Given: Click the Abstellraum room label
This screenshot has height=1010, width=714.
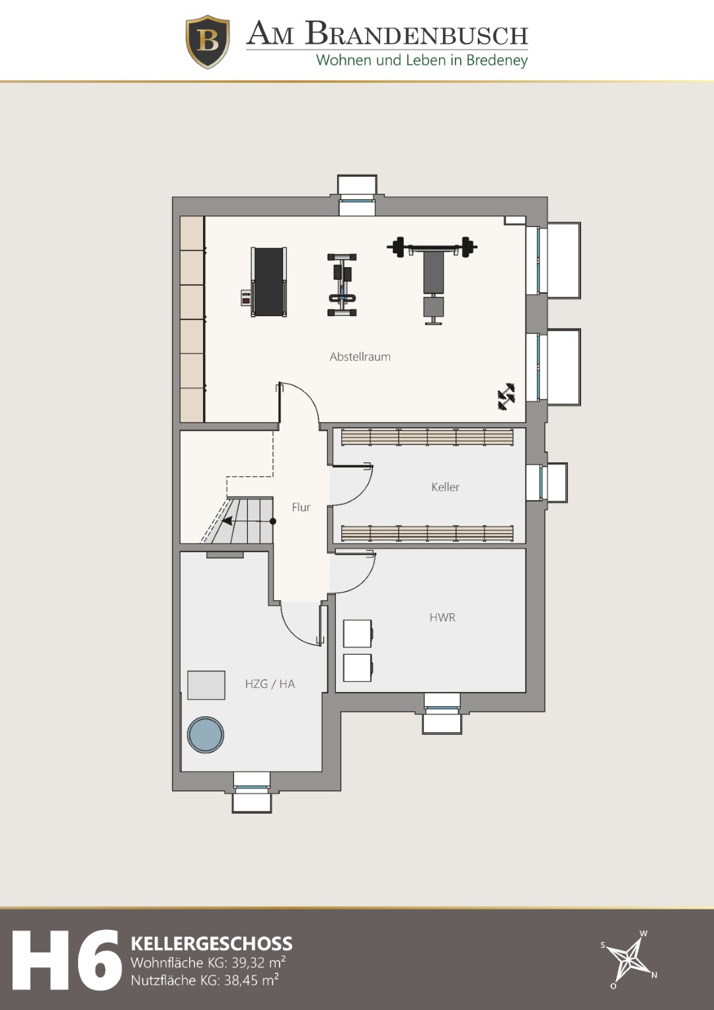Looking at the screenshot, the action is (360, 357).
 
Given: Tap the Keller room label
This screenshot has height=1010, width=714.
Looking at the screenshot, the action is (446, 487).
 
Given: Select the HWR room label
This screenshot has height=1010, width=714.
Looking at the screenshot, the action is (442, 617).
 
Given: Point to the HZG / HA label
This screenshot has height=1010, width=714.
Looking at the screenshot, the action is (270, 684).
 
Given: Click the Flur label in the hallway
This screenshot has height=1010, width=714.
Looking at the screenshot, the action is (301, 507).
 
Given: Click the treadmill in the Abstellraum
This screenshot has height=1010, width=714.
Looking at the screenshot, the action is (264, 282).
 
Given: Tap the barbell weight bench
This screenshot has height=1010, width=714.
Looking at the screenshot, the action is (432, 280).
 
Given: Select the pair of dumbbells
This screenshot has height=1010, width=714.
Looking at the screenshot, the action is (506, 397).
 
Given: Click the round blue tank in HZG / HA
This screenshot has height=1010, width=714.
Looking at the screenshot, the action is (206, 734).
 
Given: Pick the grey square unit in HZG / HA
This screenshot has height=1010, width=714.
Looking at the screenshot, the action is (206, 685).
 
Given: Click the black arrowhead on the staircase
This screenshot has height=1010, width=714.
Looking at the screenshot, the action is (227, 521).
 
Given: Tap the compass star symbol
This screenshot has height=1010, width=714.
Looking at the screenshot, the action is (628, 962).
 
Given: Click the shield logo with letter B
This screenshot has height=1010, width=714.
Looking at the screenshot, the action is (208, 42).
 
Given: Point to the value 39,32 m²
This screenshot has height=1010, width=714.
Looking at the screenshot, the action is (258, 962).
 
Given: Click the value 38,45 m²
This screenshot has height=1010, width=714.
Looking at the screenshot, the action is (251, 980).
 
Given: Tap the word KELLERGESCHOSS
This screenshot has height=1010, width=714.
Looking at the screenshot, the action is (212, 944).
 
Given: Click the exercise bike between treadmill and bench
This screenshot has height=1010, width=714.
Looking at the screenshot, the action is (342, 285).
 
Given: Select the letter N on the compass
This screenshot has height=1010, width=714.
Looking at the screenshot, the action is (654, 976).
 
